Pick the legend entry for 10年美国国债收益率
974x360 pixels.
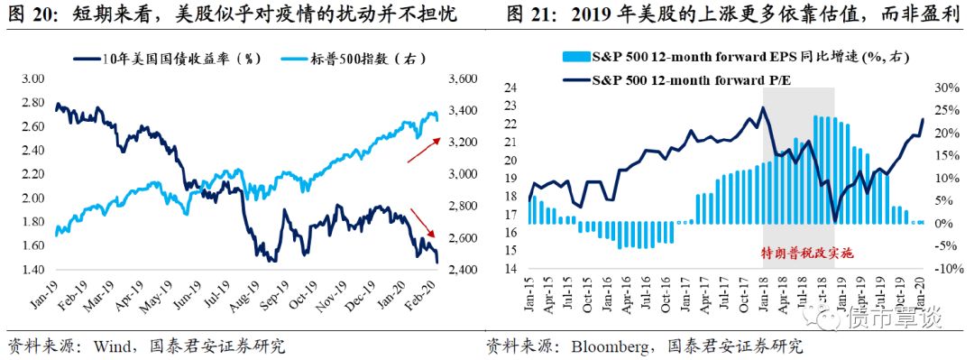pos(166,59)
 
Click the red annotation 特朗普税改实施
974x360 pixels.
pos(798,254)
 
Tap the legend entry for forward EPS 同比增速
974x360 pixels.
pos(736,59)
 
